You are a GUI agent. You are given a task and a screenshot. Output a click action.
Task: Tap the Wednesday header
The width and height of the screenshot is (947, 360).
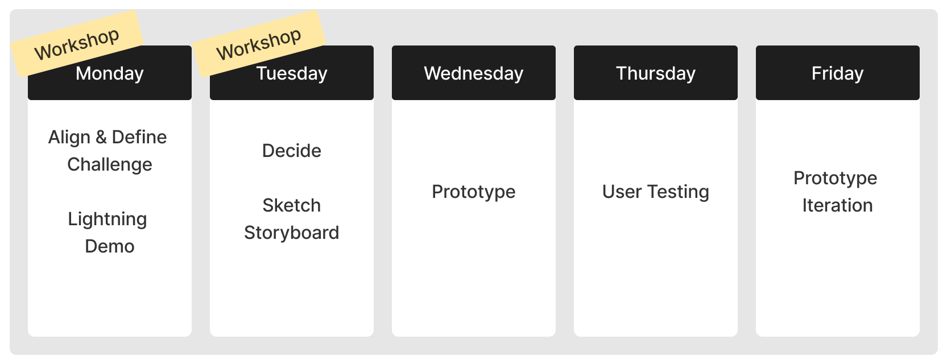[x=473, y=73]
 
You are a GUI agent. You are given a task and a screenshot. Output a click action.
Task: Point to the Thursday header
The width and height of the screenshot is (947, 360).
[x=655, y=73]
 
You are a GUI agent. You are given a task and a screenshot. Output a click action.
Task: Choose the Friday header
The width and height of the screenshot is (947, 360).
[x=837, y=73]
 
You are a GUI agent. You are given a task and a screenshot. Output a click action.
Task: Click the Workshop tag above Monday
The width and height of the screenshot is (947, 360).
[x=77, y=43]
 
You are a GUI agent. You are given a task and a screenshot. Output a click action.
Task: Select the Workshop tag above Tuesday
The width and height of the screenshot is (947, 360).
[x=259, y=43]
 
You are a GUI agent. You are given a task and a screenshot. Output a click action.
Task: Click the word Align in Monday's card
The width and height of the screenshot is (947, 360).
[x=69, y=138]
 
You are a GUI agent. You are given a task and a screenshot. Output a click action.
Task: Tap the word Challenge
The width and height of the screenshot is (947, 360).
[x=110, y=164]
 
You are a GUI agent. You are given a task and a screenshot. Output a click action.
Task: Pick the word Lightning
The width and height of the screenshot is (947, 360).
[x=107, y=220]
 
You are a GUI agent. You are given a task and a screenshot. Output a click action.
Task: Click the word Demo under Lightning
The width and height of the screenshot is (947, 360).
[x=110, y=246]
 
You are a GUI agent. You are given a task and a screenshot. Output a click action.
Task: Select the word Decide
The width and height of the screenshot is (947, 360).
[x=292, y=151]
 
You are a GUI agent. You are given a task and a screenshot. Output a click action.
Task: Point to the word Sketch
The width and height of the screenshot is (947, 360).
[x=292, y=205]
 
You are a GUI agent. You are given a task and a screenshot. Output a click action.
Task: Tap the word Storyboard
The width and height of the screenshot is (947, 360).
[x=292, y=233]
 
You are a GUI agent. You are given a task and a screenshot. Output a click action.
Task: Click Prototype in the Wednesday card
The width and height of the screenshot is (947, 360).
[x=473, y=192]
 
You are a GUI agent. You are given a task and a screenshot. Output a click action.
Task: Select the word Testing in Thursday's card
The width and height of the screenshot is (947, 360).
[x=677, y=192]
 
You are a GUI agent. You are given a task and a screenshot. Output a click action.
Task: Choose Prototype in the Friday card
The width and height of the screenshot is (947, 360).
[x=835, y=179]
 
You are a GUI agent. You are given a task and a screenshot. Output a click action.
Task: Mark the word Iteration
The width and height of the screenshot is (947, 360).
[x=837, y=205]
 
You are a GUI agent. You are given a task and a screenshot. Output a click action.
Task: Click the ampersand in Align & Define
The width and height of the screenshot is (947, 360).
[x=101, y=137]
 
